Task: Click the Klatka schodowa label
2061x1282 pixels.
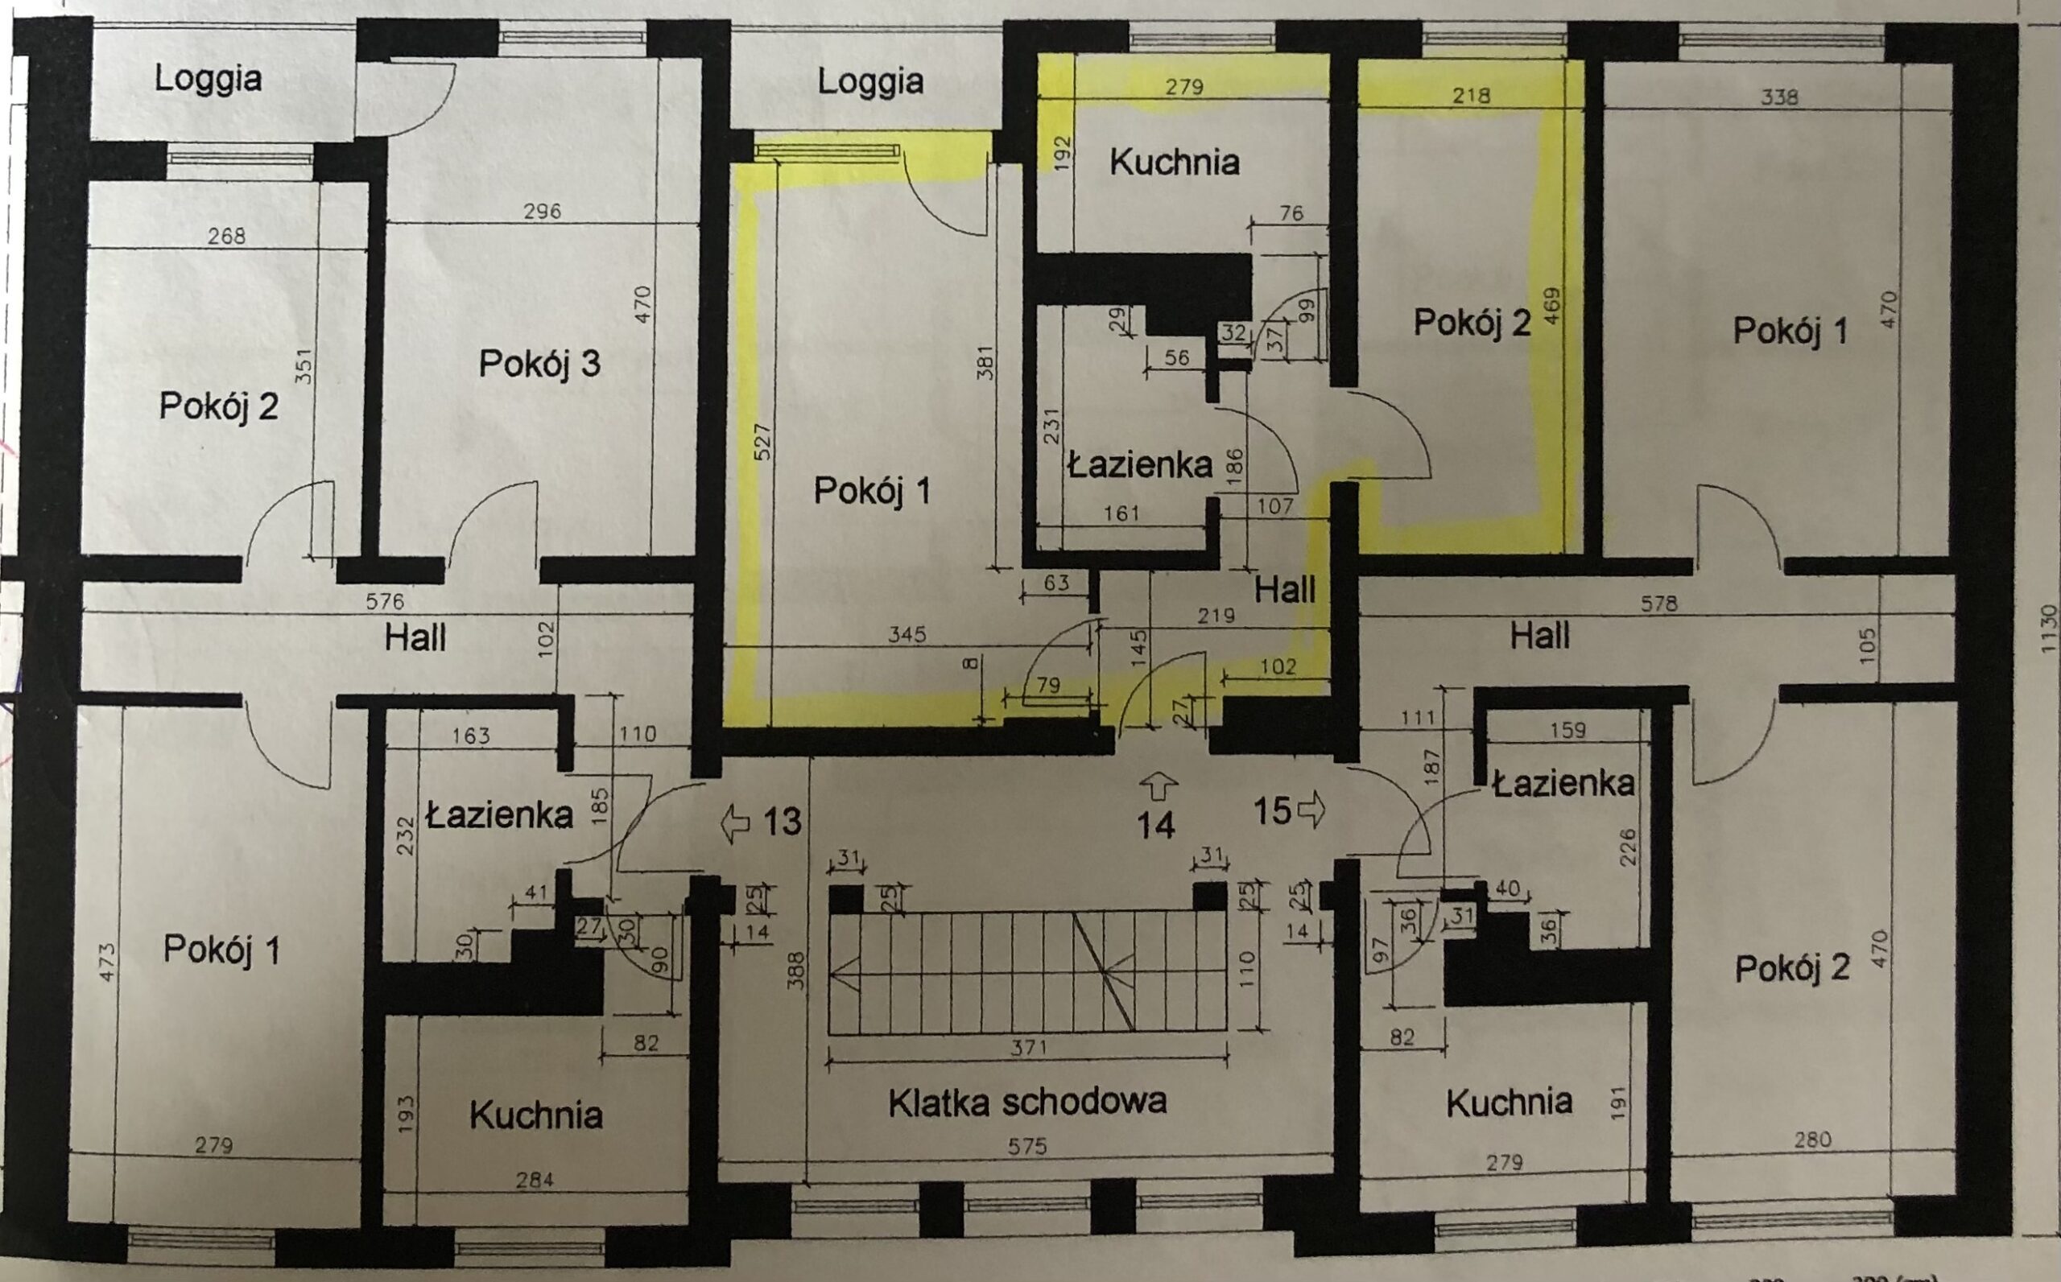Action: [x=1027, y=1102]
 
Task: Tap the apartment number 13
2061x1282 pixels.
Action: [x=782, y=821]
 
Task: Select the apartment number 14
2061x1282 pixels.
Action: [x=1156, y=824]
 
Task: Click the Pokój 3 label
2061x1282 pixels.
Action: [x=539, y=363]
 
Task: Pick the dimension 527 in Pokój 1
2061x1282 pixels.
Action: [x=762, y=442]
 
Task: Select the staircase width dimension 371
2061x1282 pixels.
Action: [x=1028, y=1048]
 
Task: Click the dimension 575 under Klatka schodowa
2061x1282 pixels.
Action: [x=1027, y=1146]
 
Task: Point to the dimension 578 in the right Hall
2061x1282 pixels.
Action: [x=1659, y=604]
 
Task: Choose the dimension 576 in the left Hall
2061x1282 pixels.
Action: [x=384, y=602]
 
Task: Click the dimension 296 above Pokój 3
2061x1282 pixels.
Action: [x=542, y=210]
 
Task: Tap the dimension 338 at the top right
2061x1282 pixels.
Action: [x=1778, y=97]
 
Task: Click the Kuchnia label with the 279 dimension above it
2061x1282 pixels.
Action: [x=1175, y=162]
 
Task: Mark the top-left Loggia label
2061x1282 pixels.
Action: [x=208, y=80]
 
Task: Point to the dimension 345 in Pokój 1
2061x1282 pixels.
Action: [x=907, y=633]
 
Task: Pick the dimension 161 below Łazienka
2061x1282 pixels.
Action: [x=1122, y=513]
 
